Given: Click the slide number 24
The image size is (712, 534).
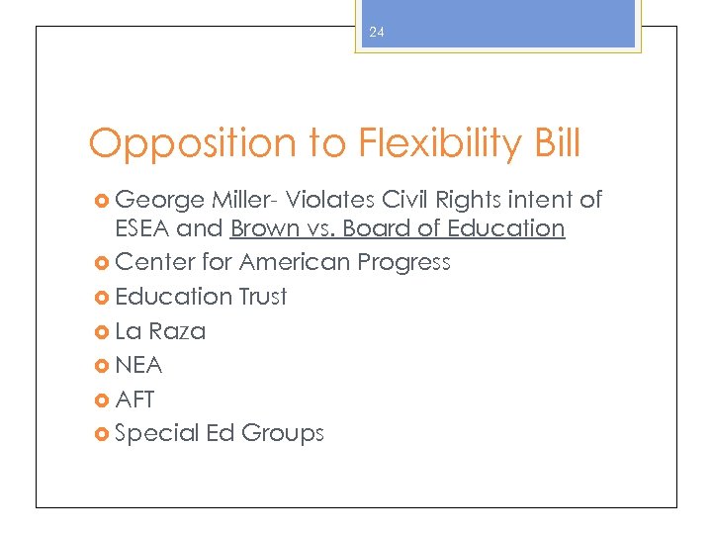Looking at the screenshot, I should [x=376, y=33].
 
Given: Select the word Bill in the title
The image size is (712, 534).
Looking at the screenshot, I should [x=554, y=144].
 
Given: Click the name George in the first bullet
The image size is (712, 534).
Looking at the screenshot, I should [x=159, y=201].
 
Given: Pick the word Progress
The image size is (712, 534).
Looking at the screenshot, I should [x=403, y=263].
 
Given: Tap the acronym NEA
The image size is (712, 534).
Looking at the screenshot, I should [x=138, y=365].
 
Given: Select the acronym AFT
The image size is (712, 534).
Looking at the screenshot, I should [x=135, y=400].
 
